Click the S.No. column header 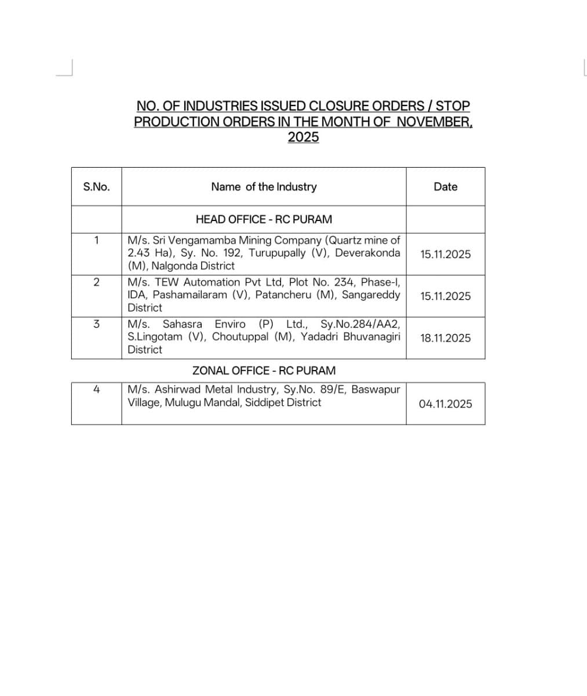point(96,187)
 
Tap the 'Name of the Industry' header point(264,187)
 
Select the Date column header point(445,187)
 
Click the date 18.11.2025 point(445,338)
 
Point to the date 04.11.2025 point(445,404)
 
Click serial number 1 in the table point(96,240)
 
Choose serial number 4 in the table point(96,390)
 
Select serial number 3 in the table point(96,324)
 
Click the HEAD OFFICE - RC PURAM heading point(264,219)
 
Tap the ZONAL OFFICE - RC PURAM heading point(264,371)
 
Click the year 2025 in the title point(303,137)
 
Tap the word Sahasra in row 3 point(182,324)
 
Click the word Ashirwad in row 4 point(178,390)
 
